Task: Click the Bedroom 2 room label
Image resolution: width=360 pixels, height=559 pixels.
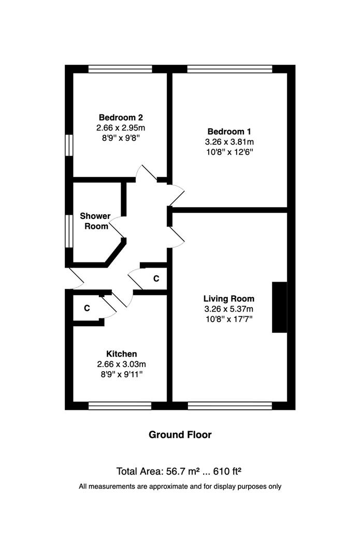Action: [x=121, y=117]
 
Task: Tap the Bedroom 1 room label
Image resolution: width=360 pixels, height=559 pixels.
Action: [x=229, y=131]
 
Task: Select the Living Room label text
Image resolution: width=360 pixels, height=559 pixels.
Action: [x=229, y=299]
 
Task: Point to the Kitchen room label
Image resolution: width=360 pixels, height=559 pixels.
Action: [x=121, y=354]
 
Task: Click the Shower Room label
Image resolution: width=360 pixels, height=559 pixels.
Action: [x=95, y=221]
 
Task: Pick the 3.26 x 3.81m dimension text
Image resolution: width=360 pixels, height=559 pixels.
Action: [x=229, y=142]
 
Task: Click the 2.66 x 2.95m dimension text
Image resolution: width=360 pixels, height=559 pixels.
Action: [x=121, y=128]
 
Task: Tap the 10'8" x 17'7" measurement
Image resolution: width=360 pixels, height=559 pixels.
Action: [x=229, y=319]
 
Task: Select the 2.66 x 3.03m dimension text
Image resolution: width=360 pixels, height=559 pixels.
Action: [x=121, y=364]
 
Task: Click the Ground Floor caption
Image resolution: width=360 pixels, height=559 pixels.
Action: [x=180, y=435]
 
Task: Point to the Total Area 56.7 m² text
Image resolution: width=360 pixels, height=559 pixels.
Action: [x=157, y=472]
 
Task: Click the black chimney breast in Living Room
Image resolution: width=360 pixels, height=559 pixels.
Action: [x=279, y=307]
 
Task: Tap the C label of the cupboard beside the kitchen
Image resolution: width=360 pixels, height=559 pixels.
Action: [x=87, y=308]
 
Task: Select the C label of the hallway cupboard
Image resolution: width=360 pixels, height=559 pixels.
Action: [x=156, y=278]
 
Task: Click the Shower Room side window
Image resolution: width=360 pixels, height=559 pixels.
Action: [x=69, y=231]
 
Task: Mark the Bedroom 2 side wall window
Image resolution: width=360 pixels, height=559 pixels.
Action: [x=69, y=145]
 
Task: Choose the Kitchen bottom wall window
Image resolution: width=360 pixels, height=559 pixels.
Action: [x=120, y=405]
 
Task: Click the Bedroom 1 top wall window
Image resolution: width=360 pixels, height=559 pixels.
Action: [x=230, y=69]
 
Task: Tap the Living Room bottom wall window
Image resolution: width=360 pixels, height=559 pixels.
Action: [x=230, y=405]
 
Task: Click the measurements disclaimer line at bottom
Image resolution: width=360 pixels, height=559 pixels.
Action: [x=180, y=486]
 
